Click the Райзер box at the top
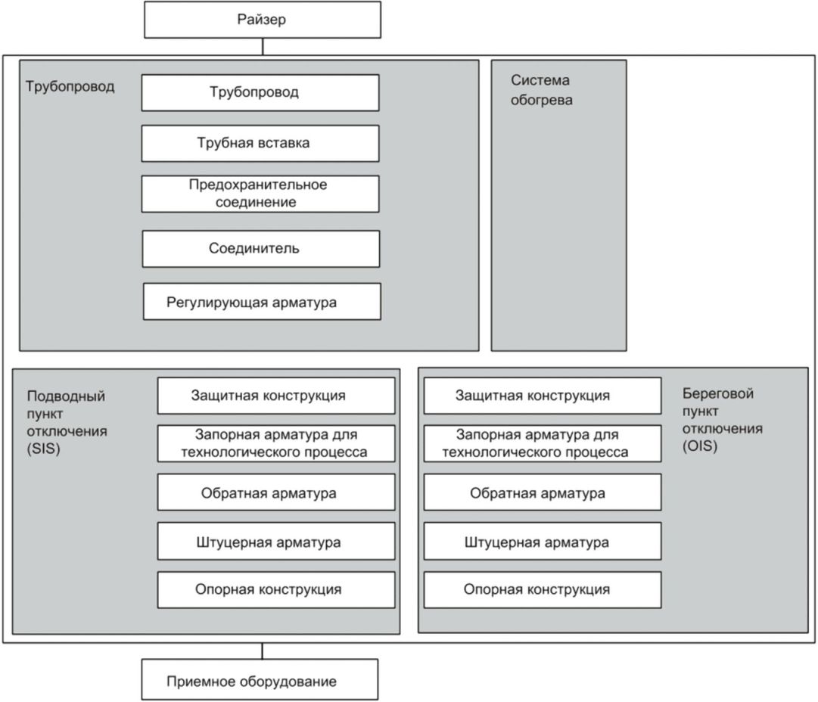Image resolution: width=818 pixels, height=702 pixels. (x=263, y=20)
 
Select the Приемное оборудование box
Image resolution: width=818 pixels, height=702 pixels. (x=260, y=679)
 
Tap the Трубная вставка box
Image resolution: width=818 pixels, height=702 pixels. (x=260, y=144)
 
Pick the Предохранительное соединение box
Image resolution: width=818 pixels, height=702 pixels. (x=260, y=194)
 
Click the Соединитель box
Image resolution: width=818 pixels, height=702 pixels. (x=261, y=249)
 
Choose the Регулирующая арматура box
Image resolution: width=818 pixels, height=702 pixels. (x=262, y=302)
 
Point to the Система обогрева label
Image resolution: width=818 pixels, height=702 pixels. (x=542, y=90)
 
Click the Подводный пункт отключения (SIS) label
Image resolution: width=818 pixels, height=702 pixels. (x=67, y=422)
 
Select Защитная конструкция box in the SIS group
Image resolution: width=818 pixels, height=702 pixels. (x=276, y=396)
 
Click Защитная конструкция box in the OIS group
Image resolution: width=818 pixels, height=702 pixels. (x=543, y=396)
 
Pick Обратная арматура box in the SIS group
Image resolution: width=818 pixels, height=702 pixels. (x=276, y=492)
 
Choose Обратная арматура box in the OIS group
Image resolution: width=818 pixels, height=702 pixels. (x=543, y=492)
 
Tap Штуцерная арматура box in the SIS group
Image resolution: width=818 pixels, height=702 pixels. (x=276, y=542)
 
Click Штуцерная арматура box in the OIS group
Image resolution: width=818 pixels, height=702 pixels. (x=543, y=542)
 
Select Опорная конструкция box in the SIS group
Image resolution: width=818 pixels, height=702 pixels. (x=276, y=590)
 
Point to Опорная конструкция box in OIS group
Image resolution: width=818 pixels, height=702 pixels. (x=543, y=590)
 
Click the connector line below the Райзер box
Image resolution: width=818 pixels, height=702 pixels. (x=263, y=46)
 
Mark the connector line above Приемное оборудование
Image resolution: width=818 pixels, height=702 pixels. (x=263, y=651)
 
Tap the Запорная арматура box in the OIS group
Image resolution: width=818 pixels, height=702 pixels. (x=543, y=444)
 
